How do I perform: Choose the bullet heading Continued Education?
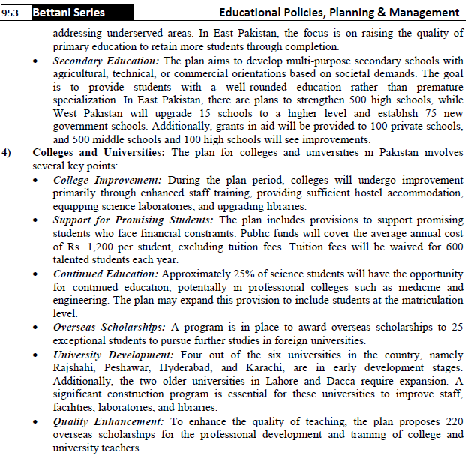coord(104,274)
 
